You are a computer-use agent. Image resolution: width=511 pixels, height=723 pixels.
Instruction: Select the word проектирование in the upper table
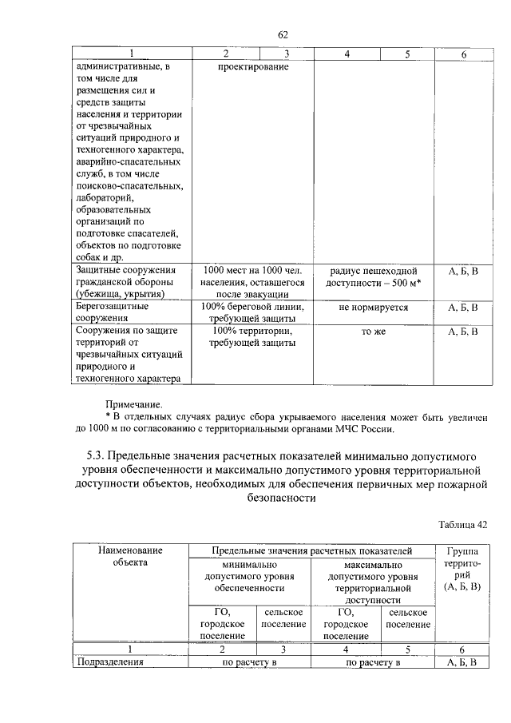tap(252, 67)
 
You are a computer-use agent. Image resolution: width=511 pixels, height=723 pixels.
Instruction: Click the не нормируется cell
tap(373, 307)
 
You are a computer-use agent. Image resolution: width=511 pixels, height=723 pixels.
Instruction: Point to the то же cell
tap(373, 331)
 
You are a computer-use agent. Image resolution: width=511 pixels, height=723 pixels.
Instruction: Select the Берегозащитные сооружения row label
tap(112, 312)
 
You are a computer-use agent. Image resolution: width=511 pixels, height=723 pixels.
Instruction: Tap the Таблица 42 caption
tap(461, 524)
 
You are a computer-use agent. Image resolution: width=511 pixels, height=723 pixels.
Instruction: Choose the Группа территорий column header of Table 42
tap(461, 569)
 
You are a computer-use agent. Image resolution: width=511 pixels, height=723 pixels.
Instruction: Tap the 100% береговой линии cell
tap(252, 312)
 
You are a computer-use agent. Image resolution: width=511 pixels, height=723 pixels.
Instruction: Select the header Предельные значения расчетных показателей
tap(311, 550)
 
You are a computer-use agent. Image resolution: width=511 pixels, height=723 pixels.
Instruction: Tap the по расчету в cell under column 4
tap(372, 662)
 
